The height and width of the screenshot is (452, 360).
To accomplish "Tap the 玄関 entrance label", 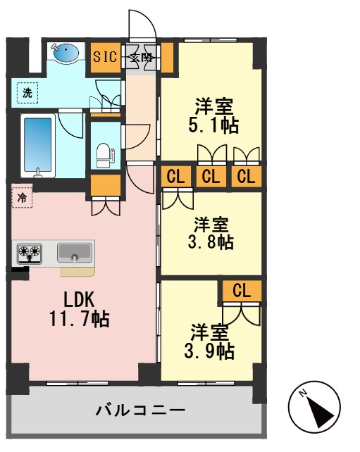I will (x=141, y=58).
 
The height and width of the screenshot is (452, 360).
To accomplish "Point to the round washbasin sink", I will (x=66, y=52).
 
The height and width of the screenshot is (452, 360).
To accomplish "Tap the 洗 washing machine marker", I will (x=27, y=92).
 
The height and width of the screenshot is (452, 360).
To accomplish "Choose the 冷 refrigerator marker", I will (x=22, y=198).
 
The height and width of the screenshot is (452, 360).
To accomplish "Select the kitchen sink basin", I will (x=75, y=252).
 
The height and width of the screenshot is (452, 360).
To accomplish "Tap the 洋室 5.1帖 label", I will (x=213, y=117).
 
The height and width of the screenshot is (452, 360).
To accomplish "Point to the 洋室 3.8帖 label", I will (x=212, y=234).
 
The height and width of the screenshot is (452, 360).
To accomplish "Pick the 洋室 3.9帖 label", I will (x=211, y=342).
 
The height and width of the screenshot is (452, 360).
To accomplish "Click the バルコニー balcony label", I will (x=140, y=410).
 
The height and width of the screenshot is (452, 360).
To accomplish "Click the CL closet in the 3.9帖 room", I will (x=242, y=290).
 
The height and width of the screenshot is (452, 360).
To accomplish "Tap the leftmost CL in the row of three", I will (x=176, y=177).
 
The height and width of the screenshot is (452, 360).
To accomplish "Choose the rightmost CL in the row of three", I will (x=245, y=177).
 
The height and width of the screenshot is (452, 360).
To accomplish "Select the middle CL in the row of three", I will (x=211, y=177).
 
